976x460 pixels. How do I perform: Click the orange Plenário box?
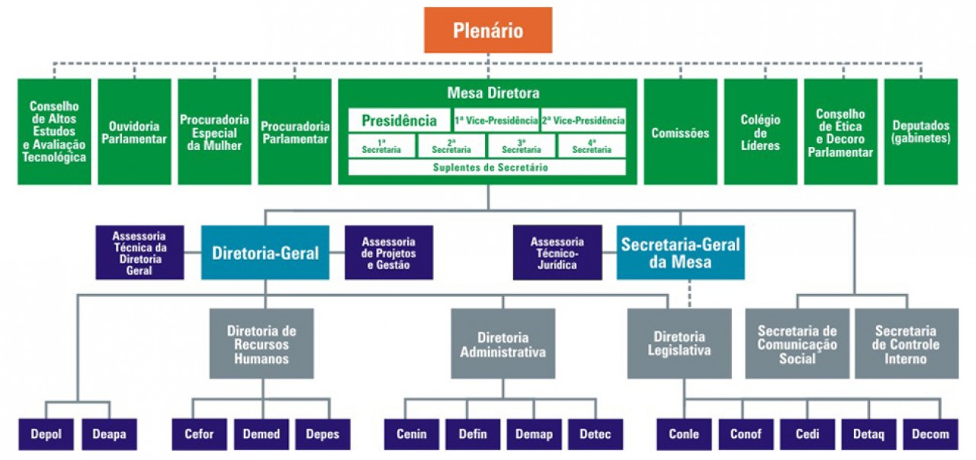pyautogui.click(x=488, y=30)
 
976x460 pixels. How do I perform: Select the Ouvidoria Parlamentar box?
pyautogui.click(x=134, y=132)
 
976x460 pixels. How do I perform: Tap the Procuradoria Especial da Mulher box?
pyautogui.click(x=214, y=132)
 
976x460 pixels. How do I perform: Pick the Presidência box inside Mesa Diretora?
pyautogui.click(x=399, y=120)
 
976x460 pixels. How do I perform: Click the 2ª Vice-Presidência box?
pyautogui.click(x=583, y=120)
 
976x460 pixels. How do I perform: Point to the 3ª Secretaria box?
pyautogui.click(x=522, y=145)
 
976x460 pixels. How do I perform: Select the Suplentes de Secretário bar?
pyautogui.click(x=487, y=167)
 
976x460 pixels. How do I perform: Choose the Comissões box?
pyautogui.click(x=680, y=132)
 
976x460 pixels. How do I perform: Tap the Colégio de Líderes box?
pyautogui.click(x=760, y=132)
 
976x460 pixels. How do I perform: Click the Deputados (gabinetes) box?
pyautogui.click(x=920, y=132)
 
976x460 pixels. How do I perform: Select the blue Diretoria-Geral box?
pyautogui.click(x=265, y=252)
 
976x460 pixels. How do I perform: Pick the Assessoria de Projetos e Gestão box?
pyautogui.click(x=388, y=252)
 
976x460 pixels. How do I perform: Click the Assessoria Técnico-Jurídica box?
pyautogui.click(x=557, y=252)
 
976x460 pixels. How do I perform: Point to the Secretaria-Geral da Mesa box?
pyautogui.click(x=680, y=252)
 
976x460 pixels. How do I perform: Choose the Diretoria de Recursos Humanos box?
pyautogui.click(x=262, y=343)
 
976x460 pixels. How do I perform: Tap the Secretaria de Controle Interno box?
pyautogui.click(x=906, y=343)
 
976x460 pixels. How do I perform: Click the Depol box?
pyautogui.click(x=47, y=434)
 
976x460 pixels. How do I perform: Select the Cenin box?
pyautogui.click(x=411, y=434)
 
